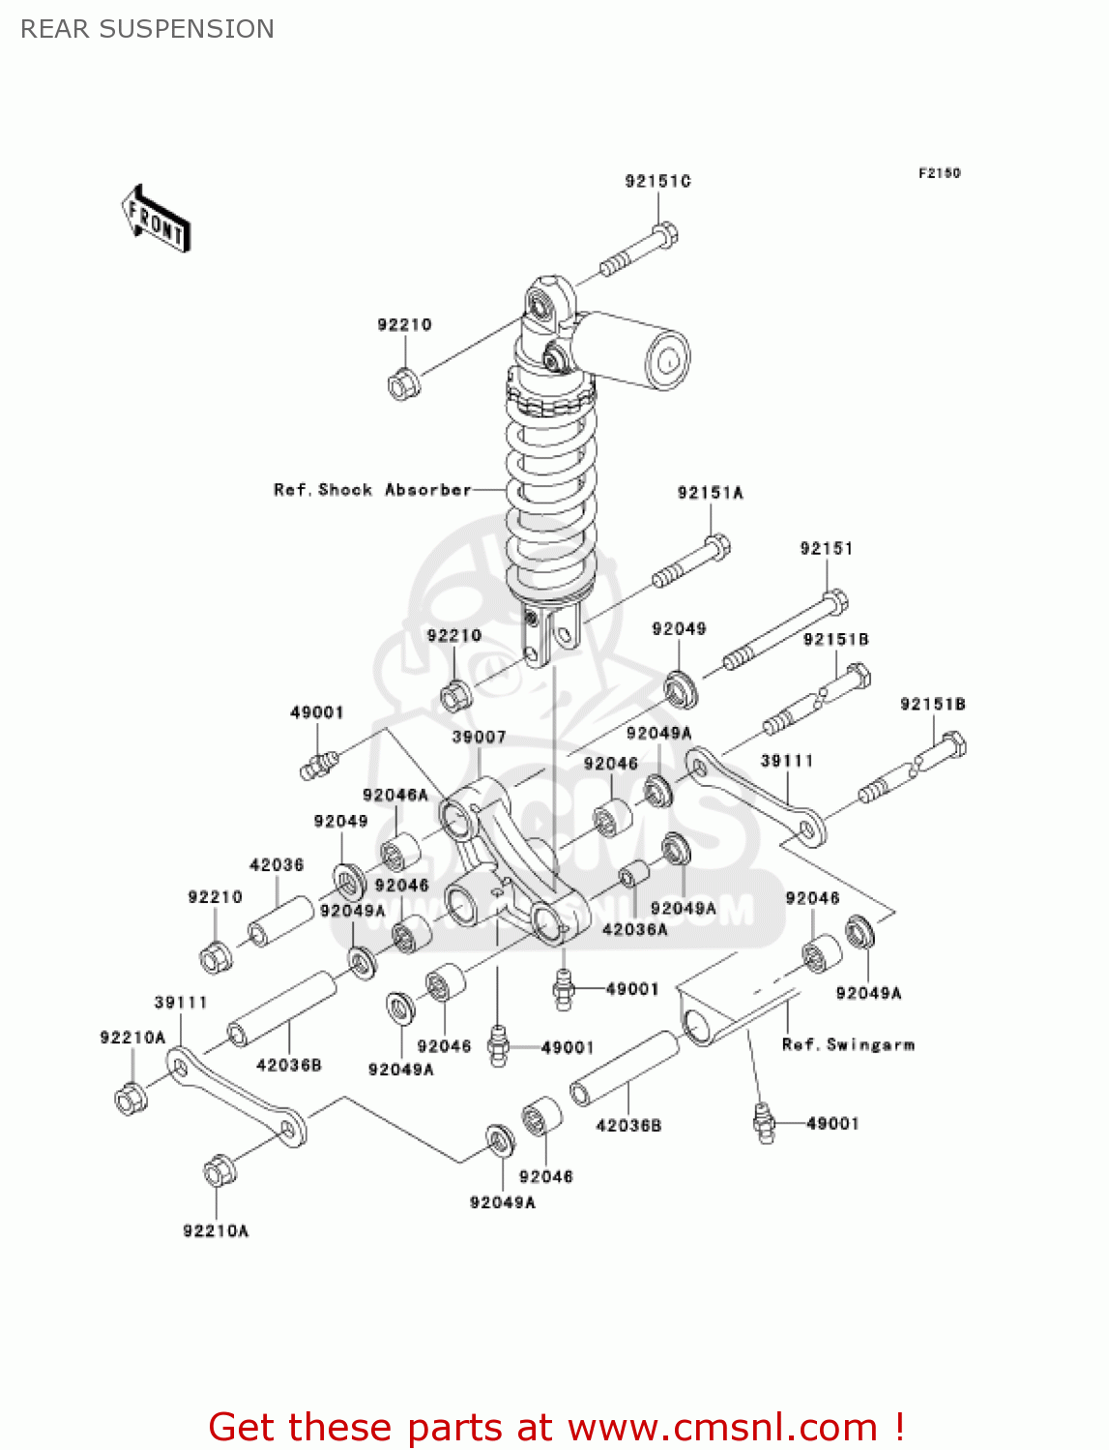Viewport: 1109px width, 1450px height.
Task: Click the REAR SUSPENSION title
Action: [x=147, y=29]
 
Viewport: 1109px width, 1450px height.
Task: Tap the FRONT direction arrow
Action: [x=156, y=219]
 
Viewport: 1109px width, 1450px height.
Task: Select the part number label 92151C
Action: [x=657, y=181]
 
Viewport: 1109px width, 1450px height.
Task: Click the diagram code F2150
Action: [x=939, y=173]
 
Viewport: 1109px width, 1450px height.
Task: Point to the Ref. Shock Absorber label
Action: [x=372, y=490]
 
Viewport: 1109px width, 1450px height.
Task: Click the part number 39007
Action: [x=479, y=737]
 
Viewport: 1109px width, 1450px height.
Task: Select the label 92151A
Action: [x=710, y=493]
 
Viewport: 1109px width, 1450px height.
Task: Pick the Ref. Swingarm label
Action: [x=848, y=1045]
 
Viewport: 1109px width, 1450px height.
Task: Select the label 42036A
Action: [x=634, y=929]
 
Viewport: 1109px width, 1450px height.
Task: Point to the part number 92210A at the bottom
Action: [x=216, y=1231]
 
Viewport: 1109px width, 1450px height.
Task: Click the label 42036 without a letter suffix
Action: [x=277, y=865]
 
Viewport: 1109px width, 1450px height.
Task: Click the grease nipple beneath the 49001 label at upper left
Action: [x=316, y=765]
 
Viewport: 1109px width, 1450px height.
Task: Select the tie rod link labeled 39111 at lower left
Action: [x=236, y=1099]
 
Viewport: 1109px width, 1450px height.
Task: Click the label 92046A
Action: [x=394, y=795]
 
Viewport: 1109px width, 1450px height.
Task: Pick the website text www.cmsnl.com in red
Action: [x=722, y=1427]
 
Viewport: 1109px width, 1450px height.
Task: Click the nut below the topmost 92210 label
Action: [x=402, y=384]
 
